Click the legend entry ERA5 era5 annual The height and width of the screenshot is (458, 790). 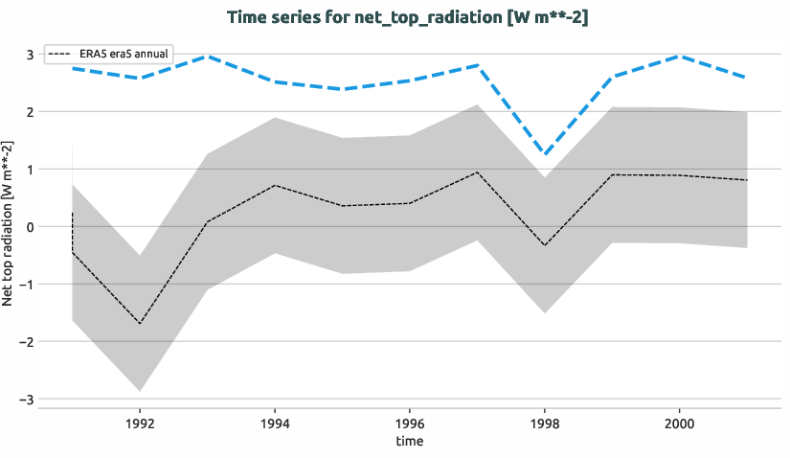click(108, 54)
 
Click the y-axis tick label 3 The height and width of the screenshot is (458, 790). click(30, 55)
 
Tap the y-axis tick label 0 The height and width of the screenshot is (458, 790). click(30, 227)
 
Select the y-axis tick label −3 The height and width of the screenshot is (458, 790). click(27, 399)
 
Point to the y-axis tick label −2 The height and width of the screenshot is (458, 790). click(27, 341)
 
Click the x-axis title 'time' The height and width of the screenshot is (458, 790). click(409, 441)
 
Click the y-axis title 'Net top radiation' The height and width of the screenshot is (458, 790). click(9, 222)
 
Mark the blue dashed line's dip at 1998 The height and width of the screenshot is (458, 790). click(544, 154)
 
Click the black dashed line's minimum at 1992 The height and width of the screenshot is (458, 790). click(140, 324)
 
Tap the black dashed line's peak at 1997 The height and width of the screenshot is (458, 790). click(477, 172)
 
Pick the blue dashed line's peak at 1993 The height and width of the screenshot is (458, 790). click(208, 57)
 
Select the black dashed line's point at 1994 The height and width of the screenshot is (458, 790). click(275, 185)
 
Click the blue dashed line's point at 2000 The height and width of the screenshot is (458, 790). click(679, 57)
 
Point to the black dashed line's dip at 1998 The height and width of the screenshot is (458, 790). click(544, 245)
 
